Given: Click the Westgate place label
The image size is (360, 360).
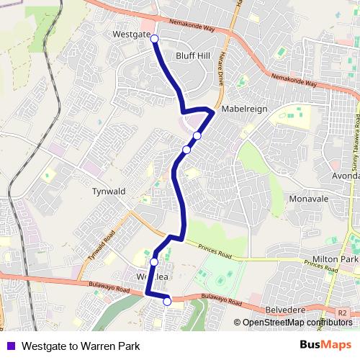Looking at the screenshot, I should [x=131, y=34].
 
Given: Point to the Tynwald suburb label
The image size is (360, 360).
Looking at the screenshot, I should [x=109, y=192].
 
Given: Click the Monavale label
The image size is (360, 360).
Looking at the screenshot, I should [x=307, y=198].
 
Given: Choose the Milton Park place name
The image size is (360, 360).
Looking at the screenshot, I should [x=336, y=258].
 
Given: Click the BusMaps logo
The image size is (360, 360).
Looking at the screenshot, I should [x=325, y=345].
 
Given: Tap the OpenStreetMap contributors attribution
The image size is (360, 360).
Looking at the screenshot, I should [x=296, y=323].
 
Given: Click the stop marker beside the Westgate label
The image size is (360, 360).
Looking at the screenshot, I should [x=153, y=40].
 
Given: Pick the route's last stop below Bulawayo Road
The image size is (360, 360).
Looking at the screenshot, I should [x=167, y=302].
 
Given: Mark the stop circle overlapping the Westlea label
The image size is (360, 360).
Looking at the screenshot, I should [x=154, y=262].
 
